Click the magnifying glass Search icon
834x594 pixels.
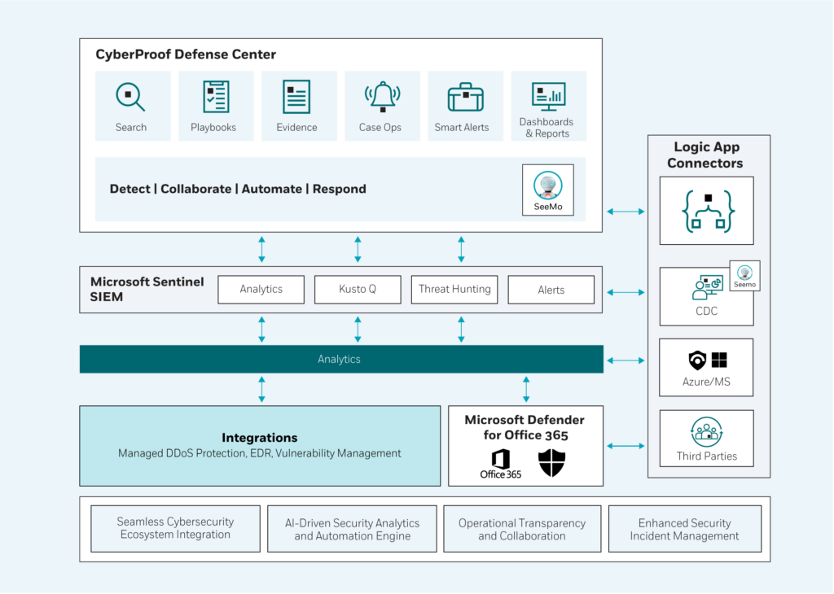tap(130, 97)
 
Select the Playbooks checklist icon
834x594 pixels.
tap(216, 97)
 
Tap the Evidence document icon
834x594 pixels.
tap(296, 97)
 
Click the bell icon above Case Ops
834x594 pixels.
tap(383, 97)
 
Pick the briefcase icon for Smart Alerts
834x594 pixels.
tap(465, 97)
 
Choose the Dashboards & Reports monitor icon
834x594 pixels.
tap(548, 96)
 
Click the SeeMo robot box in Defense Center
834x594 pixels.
tap(548, 190)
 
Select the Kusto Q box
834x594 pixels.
tap(358, 290)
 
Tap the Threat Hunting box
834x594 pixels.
tap(454, 290)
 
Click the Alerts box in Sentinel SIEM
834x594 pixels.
tap(551, 290)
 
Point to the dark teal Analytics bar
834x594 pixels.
tap(341, 359)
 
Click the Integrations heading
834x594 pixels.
tap(260, 438)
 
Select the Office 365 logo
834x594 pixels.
tap(501, 464)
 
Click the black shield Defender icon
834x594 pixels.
tap(551, 463)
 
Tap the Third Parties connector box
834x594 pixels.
tap(706, 439)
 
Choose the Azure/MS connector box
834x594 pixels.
tap(706, 368)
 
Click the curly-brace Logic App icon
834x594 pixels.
tap(708, 212)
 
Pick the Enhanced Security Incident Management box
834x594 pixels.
tap(684, 529)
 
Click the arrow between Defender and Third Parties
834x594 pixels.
tap(625, 446)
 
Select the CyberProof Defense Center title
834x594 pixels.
tap(186, 55)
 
